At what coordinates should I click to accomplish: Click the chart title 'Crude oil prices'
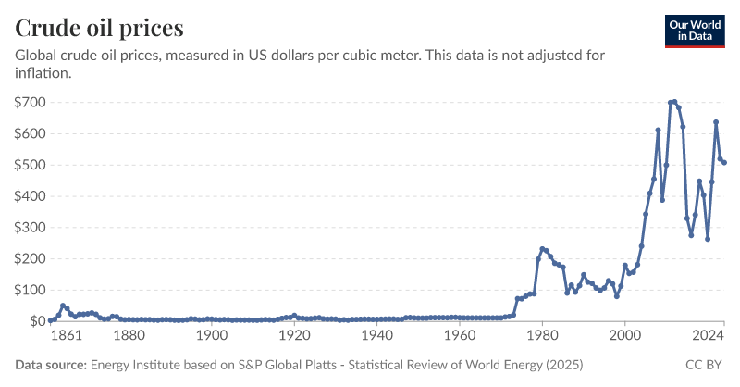coord(99,27)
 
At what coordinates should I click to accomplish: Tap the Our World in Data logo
coord(695,31)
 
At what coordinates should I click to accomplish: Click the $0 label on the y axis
coord(38,321)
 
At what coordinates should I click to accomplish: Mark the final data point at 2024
coord(724,162)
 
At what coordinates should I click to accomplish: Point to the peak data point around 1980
coord(542,249)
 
